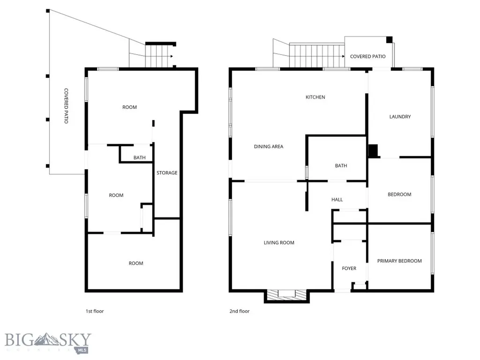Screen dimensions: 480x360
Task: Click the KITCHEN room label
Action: pos(315,97)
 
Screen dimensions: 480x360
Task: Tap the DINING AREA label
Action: pos(269,146)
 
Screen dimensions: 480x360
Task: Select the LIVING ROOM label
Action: pos(279,242)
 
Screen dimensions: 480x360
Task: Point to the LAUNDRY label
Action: pos(400,116)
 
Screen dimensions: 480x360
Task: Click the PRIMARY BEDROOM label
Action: pos(399,261)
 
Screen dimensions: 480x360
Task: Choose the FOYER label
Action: pos(349,268)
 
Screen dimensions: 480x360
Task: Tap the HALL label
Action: pos(337,199)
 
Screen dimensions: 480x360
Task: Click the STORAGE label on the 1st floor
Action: pos(167,172)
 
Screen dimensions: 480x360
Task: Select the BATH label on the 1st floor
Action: pos(139,157)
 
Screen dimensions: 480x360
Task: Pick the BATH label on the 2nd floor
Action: pos(341,165)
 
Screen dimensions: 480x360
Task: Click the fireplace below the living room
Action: pos(286,296)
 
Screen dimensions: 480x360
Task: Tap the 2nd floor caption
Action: pos(240,311)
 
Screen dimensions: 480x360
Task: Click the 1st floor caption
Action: pos(95,311)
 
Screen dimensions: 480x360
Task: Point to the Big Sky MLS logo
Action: pos(48,343)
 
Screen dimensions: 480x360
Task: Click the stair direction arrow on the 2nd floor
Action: pos(343,56)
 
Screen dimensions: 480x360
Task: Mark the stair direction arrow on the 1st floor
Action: pos(172,56)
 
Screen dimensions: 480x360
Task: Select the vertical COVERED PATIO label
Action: pos(66,106)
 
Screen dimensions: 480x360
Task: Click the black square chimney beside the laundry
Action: pos(373,151)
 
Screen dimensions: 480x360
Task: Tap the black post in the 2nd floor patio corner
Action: pos(389,39)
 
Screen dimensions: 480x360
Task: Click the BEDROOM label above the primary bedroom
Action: pos(399,194)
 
